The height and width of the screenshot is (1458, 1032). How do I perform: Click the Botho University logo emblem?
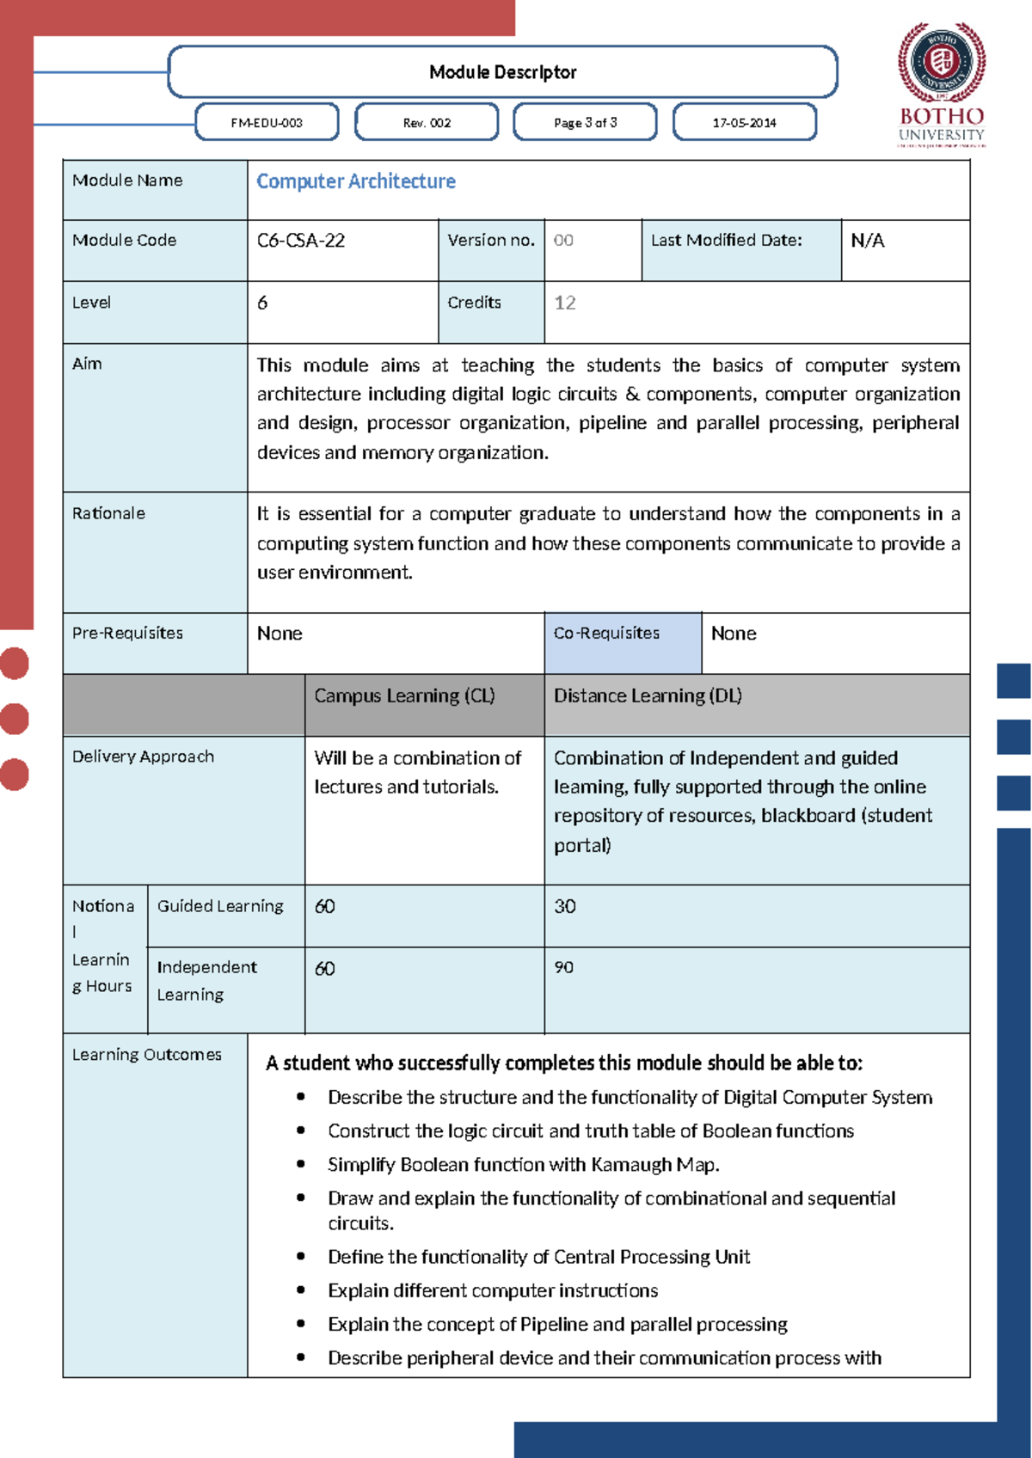click(x=942, y=63)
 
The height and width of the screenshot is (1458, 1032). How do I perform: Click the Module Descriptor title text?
click(x=502, y=72)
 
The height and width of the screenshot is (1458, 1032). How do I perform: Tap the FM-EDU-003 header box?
click(x=267, y=123)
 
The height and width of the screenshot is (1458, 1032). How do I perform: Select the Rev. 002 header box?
click(x=427, y=123)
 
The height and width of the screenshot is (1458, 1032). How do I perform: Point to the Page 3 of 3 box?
click(x=585, y=123)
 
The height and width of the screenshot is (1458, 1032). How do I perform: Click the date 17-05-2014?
click(x=744, y=123)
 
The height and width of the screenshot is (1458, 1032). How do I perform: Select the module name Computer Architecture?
click(x=356, y=181)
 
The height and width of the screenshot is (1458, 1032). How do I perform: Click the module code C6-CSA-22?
click(x=301, y=241)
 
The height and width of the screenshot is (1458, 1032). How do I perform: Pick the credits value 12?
click(x=565, y=303)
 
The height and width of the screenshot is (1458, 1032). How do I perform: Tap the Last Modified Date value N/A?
click(x=867, y=241)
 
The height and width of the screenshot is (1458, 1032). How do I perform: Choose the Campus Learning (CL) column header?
click(x=404, y=695)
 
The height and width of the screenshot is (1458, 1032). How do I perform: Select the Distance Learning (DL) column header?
click(x=648, y=695)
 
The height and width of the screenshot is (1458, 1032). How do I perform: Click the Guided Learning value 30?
click(x=565, y=906)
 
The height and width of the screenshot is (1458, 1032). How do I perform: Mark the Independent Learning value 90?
click(x=563, y=967)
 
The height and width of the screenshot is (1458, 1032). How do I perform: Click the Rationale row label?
click(x=108, y=513)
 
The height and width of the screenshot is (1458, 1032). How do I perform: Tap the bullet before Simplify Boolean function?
click(x=301, y=1164)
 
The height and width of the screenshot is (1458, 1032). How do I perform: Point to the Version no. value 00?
click(x=563, y=241)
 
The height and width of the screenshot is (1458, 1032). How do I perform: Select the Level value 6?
click(x=262, y=303)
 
